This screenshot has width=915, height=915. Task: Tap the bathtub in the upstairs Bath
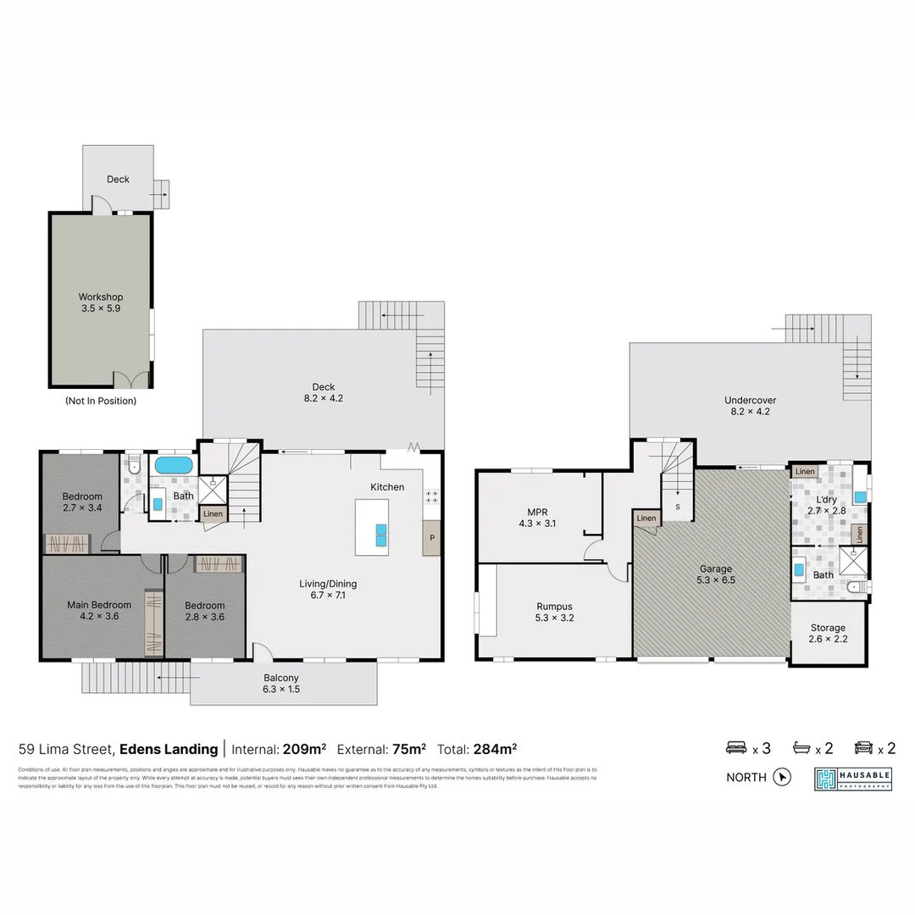coord(174,465)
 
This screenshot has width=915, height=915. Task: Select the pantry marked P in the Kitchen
coord(431,538)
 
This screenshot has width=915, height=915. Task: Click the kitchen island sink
coord(381,534)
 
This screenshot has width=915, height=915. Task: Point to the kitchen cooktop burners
coord(431,497)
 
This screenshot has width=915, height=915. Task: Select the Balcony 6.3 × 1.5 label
coord(280,683)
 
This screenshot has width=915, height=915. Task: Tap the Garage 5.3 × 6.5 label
coord(715,574)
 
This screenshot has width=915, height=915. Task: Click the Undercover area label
coord(750,406)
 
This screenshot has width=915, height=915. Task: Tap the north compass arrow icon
coord(782,777)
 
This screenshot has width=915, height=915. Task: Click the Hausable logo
coord(853,779)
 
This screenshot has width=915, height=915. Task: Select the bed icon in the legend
coord(735,748)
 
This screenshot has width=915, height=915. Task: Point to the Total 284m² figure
coord(477,749)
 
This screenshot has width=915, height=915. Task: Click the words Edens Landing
coord(169,749)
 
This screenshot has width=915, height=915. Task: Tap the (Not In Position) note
coord(101,401)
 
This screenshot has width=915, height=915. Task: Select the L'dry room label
coord(821,506)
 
